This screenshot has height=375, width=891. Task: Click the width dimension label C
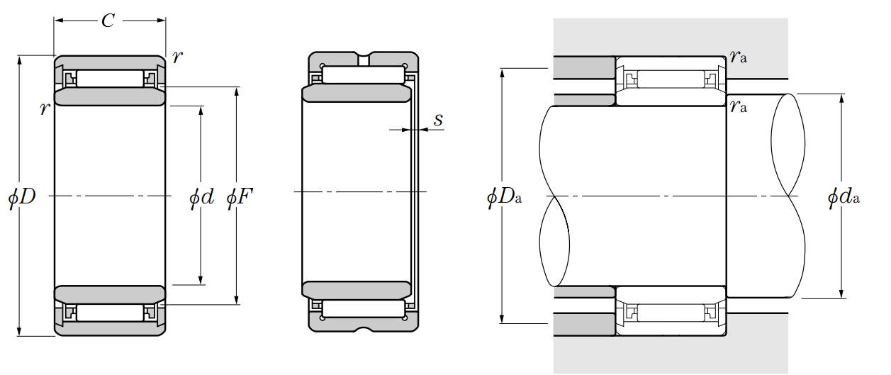108,21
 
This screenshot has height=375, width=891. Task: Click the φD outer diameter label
22,197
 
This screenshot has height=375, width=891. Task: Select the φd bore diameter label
202,197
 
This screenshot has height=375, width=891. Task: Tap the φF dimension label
240,197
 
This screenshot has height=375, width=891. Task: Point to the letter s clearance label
438,119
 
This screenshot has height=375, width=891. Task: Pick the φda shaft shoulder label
844,197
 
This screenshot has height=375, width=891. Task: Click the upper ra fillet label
739,57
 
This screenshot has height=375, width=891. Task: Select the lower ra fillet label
739,106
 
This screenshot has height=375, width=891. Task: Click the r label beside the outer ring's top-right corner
177,57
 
